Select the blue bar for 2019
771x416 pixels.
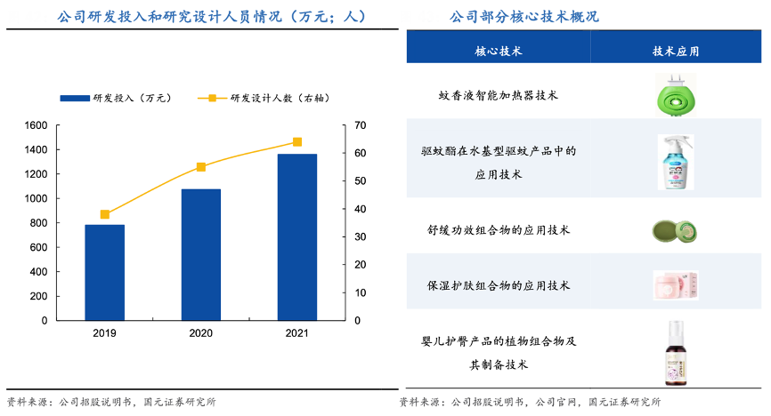click(x=105, y=272)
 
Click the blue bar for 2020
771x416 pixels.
click(x=201, y=254)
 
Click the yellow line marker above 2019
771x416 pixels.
click(x=105, y=214)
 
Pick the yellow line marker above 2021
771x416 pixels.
click(x=297, y=142)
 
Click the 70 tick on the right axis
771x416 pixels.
click(x=360, y=125)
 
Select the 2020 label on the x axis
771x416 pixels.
click(x=201, y=334)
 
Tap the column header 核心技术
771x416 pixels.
click(x=499, y=51)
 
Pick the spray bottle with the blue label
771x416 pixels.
click(x=676, y=162)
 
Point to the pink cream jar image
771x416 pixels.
click(x=676, y=285)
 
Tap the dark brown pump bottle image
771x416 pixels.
click(x=676, y=353)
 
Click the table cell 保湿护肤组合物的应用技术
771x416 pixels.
click(x=499, y=285)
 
